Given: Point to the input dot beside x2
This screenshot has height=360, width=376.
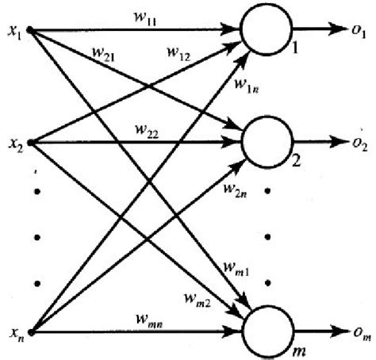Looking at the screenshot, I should (30, 144).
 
